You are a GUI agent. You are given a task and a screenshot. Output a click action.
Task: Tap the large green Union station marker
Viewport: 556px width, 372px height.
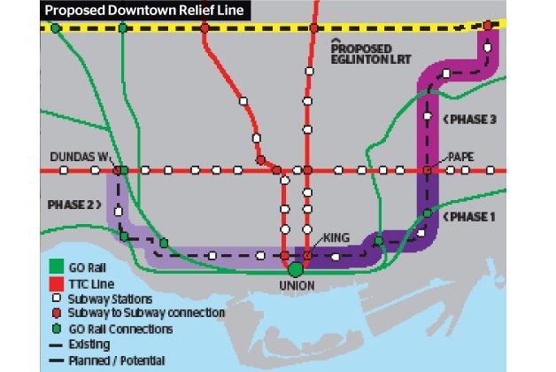pyautogui.click(x=296, y=268)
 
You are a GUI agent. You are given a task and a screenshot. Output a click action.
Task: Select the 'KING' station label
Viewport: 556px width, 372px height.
pyautogui.click(x=337, y=238)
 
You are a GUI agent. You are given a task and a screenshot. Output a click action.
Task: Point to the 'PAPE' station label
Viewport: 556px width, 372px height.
pyautogui.click(x=460, y=157)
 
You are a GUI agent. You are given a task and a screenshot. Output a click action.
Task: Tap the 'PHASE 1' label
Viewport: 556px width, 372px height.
pyautogui.click(x=474, y=216)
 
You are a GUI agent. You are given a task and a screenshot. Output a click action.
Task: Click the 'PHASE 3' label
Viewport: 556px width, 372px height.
pyautogui.click(x=474, y=118)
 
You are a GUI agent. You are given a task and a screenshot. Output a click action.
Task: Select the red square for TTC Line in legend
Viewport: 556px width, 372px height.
pyautogui.click(x=54, y=284)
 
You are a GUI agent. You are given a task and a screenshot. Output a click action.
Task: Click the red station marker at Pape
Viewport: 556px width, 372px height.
pyautogui.click(x=427, y=169)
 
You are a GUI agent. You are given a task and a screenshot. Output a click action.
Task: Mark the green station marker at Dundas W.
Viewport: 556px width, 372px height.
pyautogui.click(x=122, y=169)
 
